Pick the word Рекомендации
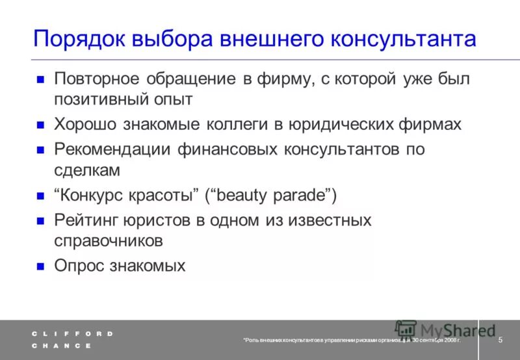tap(113, 149)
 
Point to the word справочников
tap(107, 240)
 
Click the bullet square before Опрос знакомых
tap(40, 266)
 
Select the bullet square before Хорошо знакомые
tap(40, 125)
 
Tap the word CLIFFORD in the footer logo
tap(72, 333)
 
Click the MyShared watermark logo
tap(445, 330)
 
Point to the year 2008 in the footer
tap(448, 341)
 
